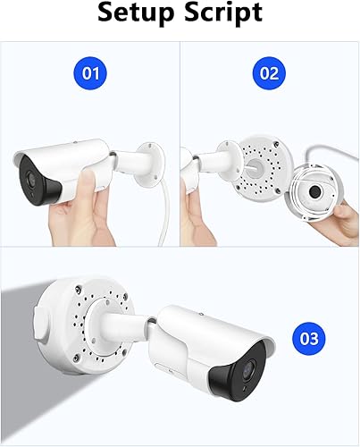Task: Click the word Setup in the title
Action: tap(137, 13)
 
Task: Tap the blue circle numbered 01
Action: tap(91, 73)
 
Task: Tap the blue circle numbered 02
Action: tap(270, 73)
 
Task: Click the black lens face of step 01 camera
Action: tap(47, 188)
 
